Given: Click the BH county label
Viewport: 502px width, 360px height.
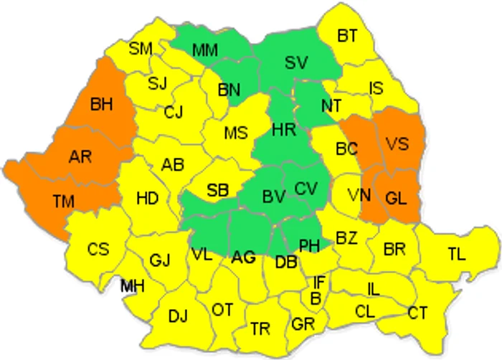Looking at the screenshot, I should coord(101,105).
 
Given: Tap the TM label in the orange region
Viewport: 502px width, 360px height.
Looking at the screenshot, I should coord(63,202).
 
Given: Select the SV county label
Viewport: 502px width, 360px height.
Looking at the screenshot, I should coord(295,62).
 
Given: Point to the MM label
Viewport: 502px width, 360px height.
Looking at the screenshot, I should coord(206,50).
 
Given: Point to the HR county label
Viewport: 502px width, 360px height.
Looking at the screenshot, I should coord(283,130).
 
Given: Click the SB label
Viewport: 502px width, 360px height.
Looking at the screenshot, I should coord(217,190).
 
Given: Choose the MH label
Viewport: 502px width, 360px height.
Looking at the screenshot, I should coord(132,286).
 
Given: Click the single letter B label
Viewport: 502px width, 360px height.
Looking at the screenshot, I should coord(315,297).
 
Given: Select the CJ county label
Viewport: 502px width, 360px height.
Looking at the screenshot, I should coord(173,112).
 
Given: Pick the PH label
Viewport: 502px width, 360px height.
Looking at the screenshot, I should coord(309,246).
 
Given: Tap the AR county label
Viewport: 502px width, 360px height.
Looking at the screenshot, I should coord(80,157).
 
